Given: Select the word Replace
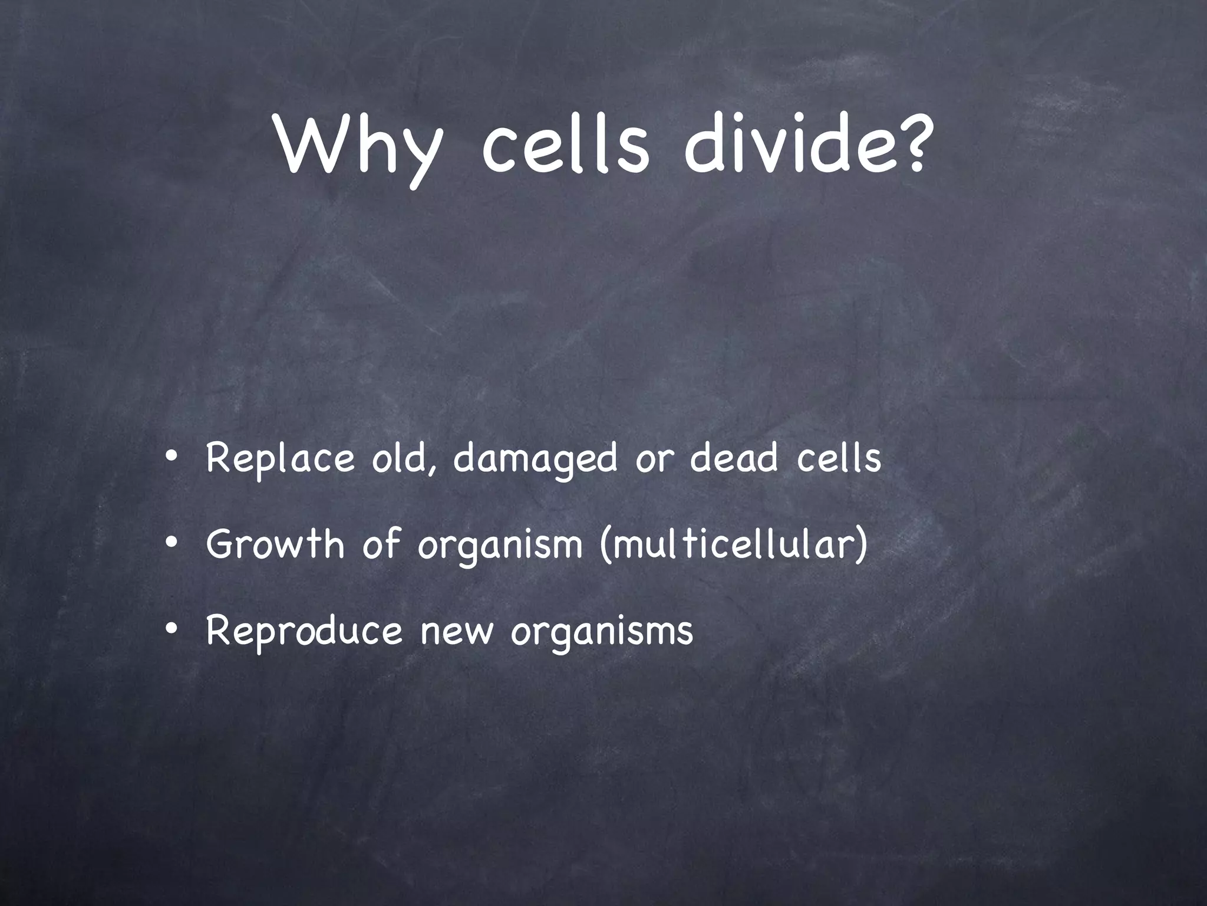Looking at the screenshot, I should (x=280, y=459).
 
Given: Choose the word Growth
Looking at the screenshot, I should (x=275, y=544).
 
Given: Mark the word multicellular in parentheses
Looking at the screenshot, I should (x=734, y=544).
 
